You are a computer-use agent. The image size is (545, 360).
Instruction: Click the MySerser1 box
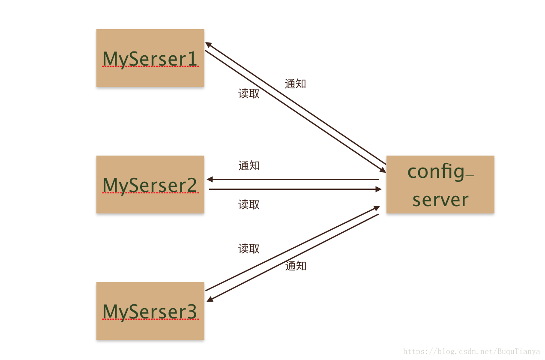point(150,58)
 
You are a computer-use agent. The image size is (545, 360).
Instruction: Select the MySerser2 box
point(150,185)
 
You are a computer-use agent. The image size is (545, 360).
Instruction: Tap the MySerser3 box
point(150,311)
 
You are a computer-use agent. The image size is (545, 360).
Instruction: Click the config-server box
point(440,185)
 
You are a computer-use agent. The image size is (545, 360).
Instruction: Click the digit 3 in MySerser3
point(192,312)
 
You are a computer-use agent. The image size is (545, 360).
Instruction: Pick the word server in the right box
point(440,200)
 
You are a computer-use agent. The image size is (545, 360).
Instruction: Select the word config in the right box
point(436,172)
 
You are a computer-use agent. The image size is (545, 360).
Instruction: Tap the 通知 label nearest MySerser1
point(295,84)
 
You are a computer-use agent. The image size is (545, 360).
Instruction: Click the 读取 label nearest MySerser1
point(249,93)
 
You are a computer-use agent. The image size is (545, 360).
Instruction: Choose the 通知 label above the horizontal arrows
point(249,165)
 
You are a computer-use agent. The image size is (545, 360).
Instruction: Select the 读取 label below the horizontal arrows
point(249,204)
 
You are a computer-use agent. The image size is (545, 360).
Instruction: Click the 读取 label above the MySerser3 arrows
point(249,249)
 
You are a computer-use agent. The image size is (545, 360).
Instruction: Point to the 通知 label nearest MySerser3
point(296,266)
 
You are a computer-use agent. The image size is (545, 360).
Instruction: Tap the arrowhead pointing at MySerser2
point(210,180)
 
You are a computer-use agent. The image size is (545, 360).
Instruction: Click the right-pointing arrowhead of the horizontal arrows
point(378,189)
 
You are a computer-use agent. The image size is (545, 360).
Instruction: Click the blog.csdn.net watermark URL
point(472,351)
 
